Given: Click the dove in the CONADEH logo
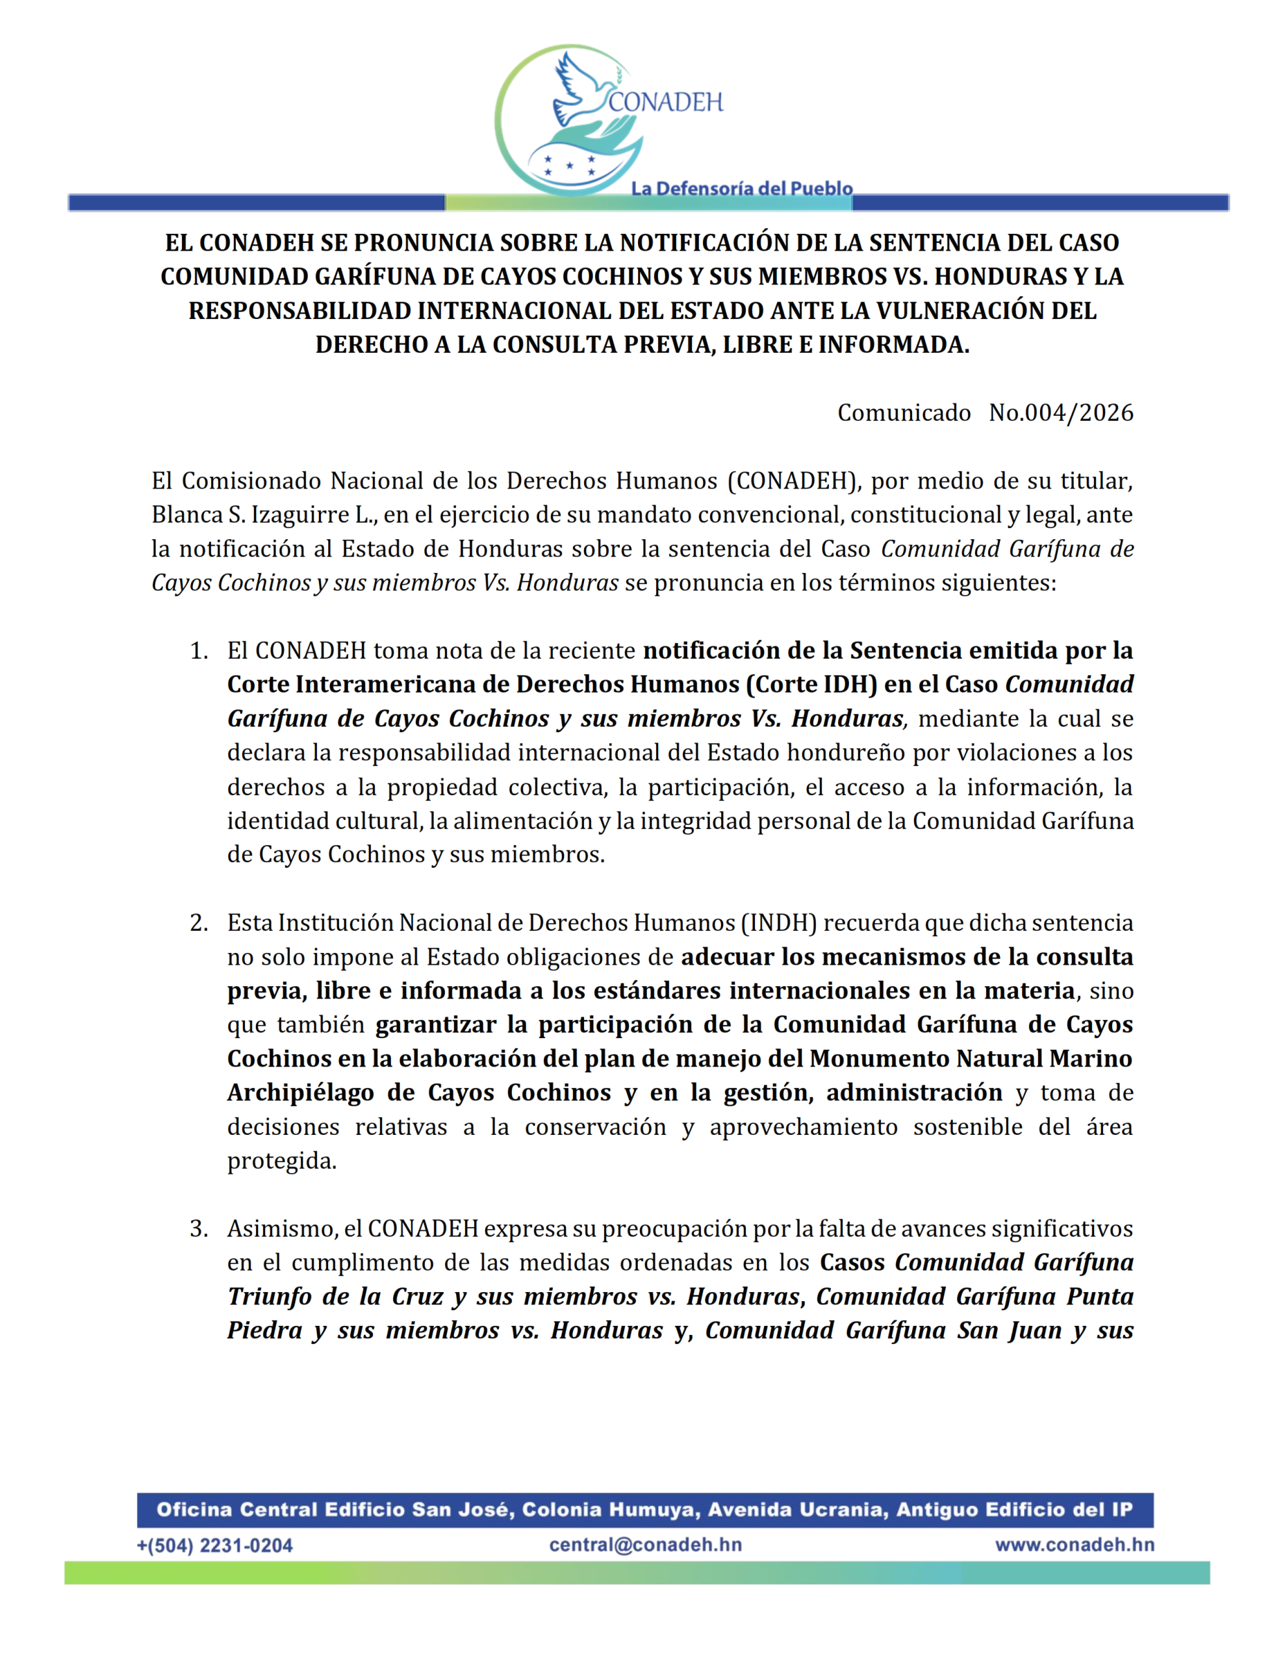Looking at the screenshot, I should tap(583, 89).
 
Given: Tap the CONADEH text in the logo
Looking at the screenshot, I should tap(665, 102).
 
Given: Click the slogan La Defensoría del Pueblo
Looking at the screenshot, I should tap(741, 188).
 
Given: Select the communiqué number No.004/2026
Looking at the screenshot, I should tap(1060, 413).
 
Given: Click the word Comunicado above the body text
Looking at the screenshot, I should tap(904, 413).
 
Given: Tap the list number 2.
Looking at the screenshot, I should tap(199, 923).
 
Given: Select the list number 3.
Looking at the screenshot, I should tap(199, 1229).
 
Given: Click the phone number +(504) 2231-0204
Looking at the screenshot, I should tap(215, 1545).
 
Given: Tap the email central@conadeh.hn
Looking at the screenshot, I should tap(645, 1544).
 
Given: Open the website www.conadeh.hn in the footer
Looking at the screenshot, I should tap(1074, 1544).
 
